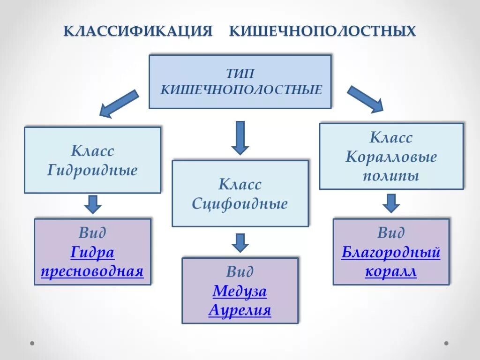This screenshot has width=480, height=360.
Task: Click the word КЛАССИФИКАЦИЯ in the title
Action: pos(138,31)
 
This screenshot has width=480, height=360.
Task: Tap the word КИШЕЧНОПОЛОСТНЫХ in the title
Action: pos(322,31)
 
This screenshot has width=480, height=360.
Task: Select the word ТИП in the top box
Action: pos(240,74)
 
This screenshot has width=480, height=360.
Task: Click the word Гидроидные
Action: pos(92,170)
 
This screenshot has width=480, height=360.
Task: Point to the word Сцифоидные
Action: pos(240,204)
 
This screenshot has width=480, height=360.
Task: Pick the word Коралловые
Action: pos(391,157)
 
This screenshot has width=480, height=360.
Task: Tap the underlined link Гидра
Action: pos(92,253)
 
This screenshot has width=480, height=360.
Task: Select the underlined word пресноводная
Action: pos(92,271)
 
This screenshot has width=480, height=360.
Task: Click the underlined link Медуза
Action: pos(240,292)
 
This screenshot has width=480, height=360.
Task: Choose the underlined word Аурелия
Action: pos(240,310)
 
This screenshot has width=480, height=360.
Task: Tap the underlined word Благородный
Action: pos(391,253)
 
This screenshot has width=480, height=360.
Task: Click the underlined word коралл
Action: pos(391,272)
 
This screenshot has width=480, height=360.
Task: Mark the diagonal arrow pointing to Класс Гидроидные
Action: pos(119,104)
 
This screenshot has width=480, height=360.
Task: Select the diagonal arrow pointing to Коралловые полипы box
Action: pos(365,99)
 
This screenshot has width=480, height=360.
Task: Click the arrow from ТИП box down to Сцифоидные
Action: pos(240,137)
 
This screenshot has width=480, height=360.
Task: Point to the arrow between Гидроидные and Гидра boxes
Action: pos(93,204)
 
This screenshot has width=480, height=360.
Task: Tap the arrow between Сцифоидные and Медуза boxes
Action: pos(240,242)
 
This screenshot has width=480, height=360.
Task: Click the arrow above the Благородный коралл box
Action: pos(391,203)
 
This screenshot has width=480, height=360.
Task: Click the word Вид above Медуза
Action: pos(240,272)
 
